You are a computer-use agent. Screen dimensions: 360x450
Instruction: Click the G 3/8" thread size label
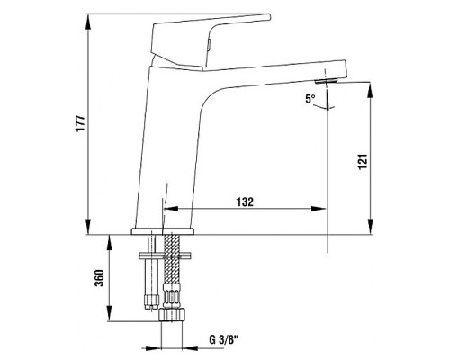[222, 340]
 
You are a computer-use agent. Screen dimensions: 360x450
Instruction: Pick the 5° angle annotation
[311, 100]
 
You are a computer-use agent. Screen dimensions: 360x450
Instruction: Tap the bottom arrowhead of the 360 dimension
[111, 320]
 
